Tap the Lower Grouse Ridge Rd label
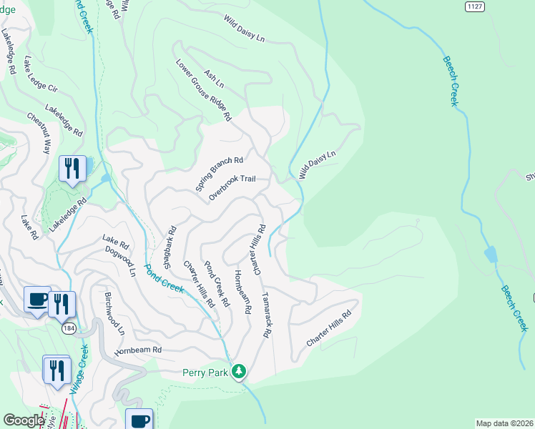[205, 89]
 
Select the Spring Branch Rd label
[220, 174]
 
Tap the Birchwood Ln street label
[114, 313]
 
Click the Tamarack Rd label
[267, 314]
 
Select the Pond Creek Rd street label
[217, 284]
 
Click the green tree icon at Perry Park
[240, 370]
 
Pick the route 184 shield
[69, 328]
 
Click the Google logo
[23, 420]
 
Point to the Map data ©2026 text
[504, 423]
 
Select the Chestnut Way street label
[39, 133]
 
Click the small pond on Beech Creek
[490, 255]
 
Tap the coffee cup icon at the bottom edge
[139, 419]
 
